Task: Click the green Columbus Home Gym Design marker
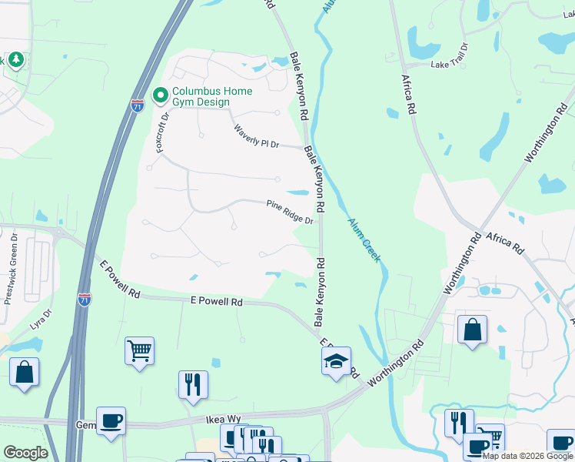[x=161, y=95]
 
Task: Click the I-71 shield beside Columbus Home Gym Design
[x=137, y=105]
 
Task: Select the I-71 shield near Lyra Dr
[x=85, y=299]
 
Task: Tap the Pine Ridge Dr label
[x=290, y=213]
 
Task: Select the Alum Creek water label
[x=364, y=239]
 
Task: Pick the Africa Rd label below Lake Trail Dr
[x=408, y=95]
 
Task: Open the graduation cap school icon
[x=336, y=361]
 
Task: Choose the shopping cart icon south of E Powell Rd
[x=139, y=351]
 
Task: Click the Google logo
[x=25, y=453]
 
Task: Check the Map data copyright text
[x=527, y=456]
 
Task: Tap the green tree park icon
[x=16, y=60]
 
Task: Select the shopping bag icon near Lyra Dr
[x=24, y=372]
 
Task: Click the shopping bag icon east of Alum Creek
[x=472, y=329]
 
